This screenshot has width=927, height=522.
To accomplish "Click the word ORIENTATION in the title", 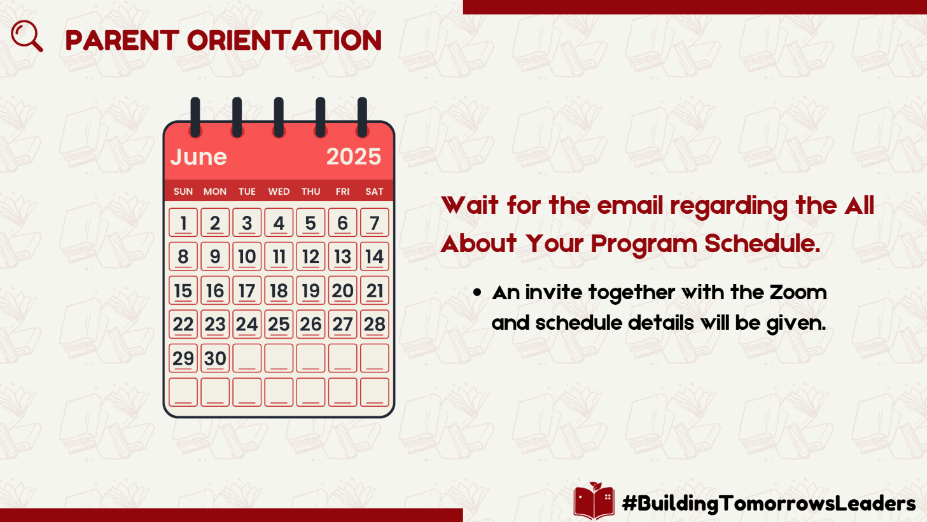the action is [284, 41].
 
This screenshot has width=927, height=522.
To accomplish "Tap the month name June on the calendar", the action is [199, 157].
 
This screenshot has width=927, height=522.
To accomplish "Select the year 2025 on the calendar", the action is [353, 157].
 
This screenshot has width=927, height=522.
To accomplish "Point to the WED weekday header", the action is [279, 192].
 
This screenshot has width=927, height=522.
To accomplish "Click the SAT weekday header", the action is [374, 192].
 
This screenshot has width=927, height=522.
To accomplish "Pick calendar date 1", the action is [183, 223].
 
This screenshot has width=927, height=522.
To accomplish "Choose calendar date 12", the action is [310, 257].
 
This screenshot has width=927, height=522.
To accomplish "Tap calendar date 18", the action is [279, 290].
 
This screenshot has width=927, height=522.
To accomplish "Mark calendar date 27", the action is [342, 324].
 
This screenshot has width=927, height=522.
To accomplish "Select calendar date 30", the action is [215, 358].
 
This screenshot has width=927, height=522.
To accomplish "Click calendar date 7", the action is [374, 223].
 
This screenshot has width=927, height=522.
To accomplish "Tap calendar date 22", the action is [183, 324].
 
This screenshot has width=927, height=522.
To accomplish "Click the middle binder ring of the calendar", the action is [279, 117].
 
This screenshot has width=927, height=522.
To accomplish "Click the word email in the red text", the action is [629, 206].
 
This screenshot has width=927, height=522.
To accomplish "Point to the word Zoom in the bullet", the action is [798, 293].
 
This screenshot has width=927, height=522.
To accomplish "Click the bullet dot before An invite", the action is [477, 293].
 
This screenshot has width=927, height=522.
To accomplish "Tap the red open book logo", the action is [594, 500].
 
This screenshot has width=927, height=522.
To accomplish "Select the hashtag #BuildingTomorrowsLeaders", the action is [769, 504].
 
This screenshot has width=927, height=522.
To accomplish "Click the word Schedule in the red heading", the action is [762, 243].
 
